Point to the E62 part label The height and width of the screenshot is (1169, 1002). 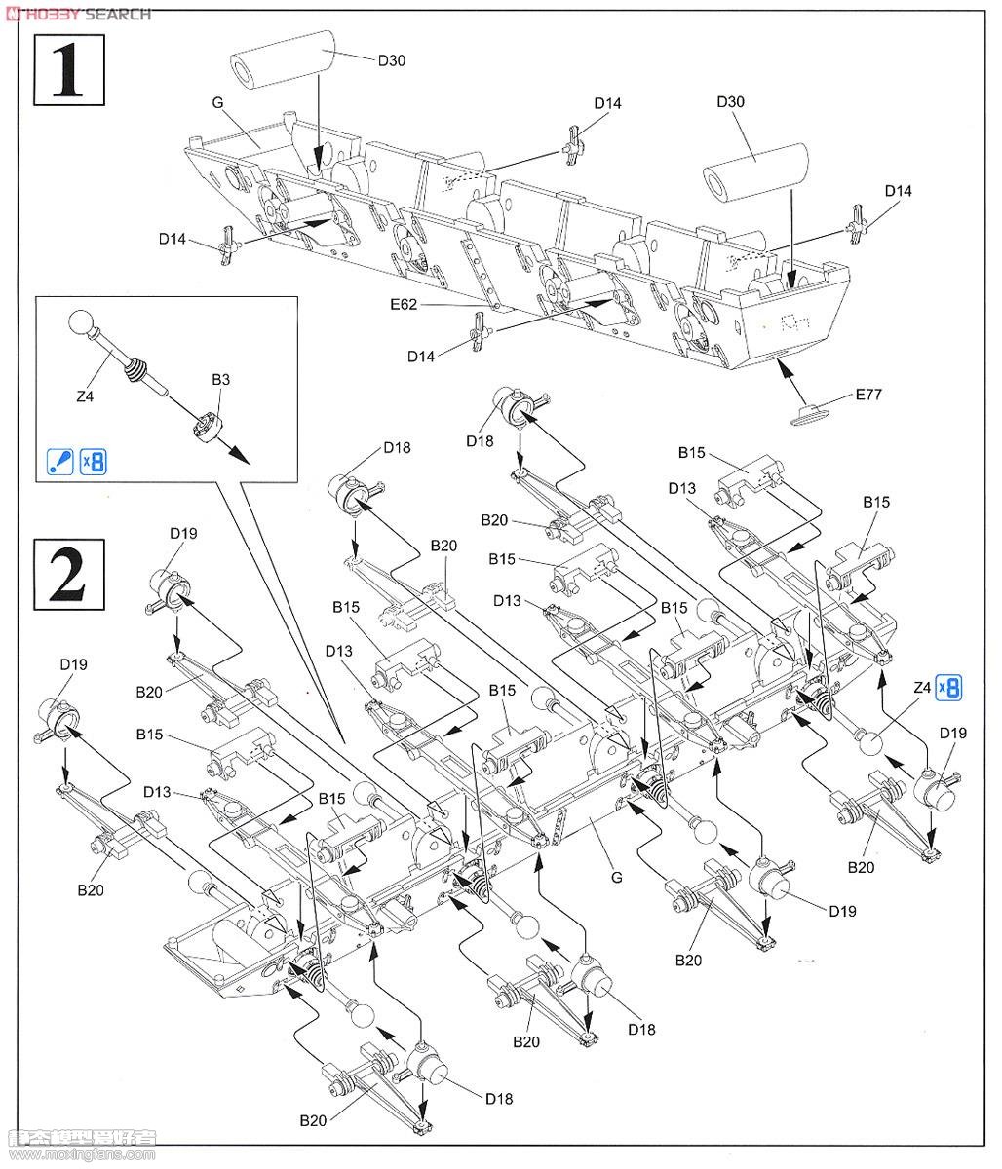403,305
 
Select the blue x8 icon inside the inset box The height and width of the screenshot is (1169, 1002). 92,461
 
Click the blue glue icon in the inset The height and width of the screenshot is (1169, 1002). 60,461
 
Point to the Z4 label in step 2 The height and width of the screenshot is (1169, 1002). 920,688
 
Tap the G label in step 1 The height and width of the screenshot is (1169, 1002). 217,101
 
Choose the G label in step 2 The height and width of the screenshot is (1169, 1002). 616,877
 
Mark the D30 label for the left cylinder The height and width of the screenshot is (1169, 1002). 391,60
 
